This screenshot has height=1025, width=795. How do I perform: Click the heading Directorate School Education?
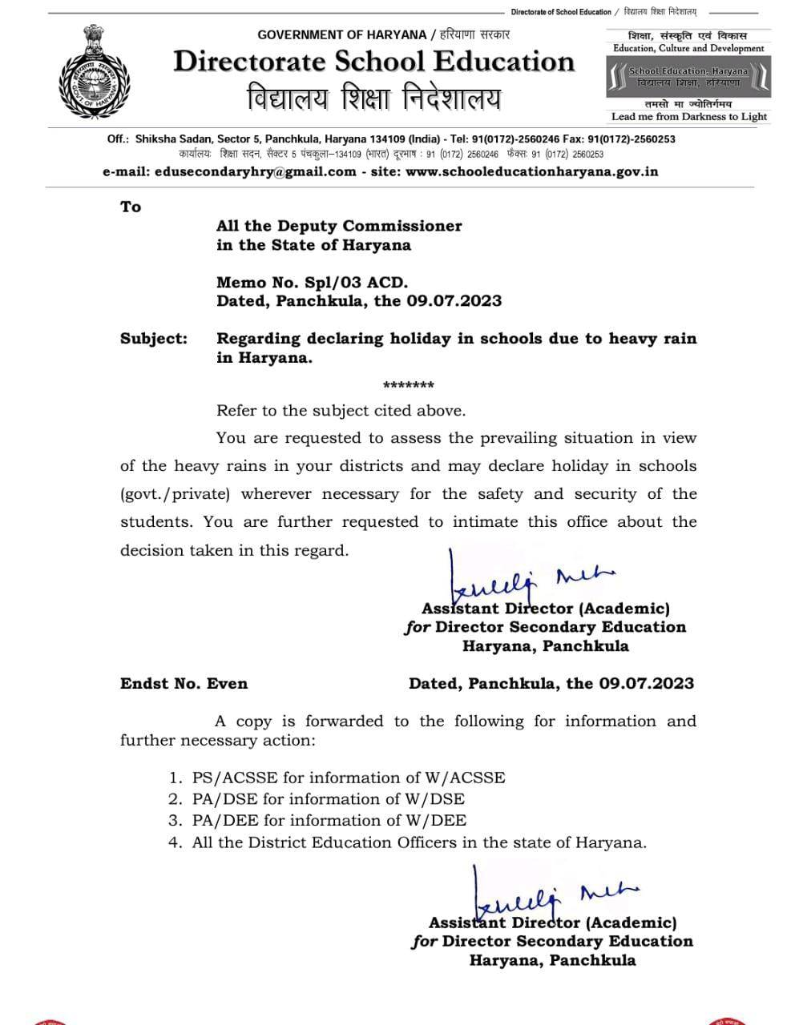(374, 62)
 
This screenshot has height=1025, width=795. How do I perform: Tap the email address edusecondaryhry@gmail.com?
(255, 171)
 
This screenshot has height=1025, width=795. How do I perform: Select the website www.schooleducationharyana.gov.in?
(532, 171)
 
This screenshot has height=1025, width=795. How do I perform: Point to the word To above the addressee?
(131, 207)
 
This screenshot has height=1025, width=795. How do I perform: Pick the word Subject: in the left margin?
(154, 339)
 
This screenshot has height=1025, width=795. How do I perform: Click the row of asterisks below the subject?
(409, 386)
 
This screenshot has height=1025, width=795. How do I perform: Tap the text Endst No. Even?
(184, 684)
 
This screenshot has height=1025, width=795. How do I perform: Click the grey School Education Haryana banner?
(688, 77)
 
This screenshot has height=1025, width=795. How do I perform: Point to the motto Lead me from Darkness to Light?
(688, 117)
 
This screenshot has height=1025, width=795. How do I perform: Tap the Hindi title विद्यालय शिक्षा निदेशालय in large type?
(374, 98)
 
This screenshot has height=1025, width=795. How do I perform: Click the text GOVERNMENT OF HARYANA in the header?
(342, 34)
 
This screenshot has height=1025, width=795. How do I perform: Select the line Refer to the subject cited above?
(341, 411)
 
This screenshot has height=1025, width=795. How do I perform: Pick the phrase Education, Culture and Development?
(688, 48)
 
